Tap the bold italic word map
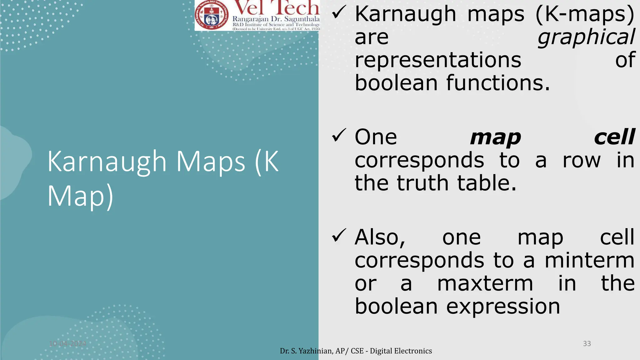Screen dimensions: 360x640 click(x=495, y=137)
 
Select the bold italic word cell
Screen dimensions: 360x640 click(x=614, y=137)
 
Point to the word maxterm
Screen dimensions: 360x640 click(x=485, y=283)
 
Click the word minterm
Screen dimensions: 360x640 click(x=589, y=260)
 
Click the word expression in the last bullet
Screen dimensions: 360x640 click(x=503, y=306)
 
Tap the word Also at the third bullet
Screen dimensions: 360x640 click(x=380, y=237)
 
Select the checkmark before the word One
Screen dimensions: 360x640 click(x=338, y=136)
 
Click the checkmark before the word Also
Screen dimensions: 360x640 click(x=338, y=236)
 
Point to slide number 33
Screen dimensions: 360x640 click(x=587, y=344)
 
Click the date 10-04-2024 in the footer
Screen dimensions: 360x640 click(x=67, y=344)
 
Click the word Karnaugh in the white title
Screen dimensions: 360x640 click(x=107, y=162)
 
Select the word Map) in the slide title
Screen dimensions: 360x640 click(x=80, y=196)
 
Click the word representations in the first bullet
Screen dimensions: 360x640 click(x=438, y=60)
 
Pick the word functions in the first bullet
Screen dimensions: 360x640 click(x=497, y=83)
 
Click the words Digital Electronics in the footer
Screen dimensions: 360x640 click(x=401, y=351)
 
